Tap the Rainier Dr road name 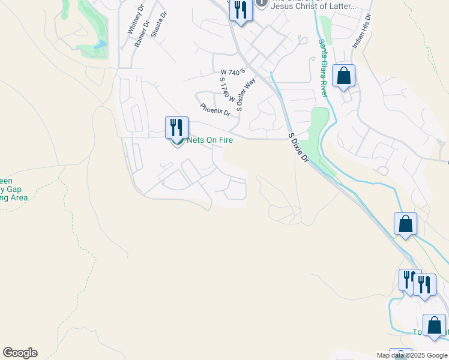142,35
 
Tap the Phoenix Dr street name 215,110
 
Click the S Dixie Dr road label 298,148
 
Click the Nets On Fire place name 210,140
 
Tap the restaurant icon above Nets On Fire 176,127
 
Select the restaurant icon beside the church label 240,11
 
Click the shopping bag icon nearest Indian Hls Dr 343,77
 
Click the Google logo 20,353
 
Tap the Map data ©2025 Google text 411,355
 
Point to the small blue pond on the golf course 100,44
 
